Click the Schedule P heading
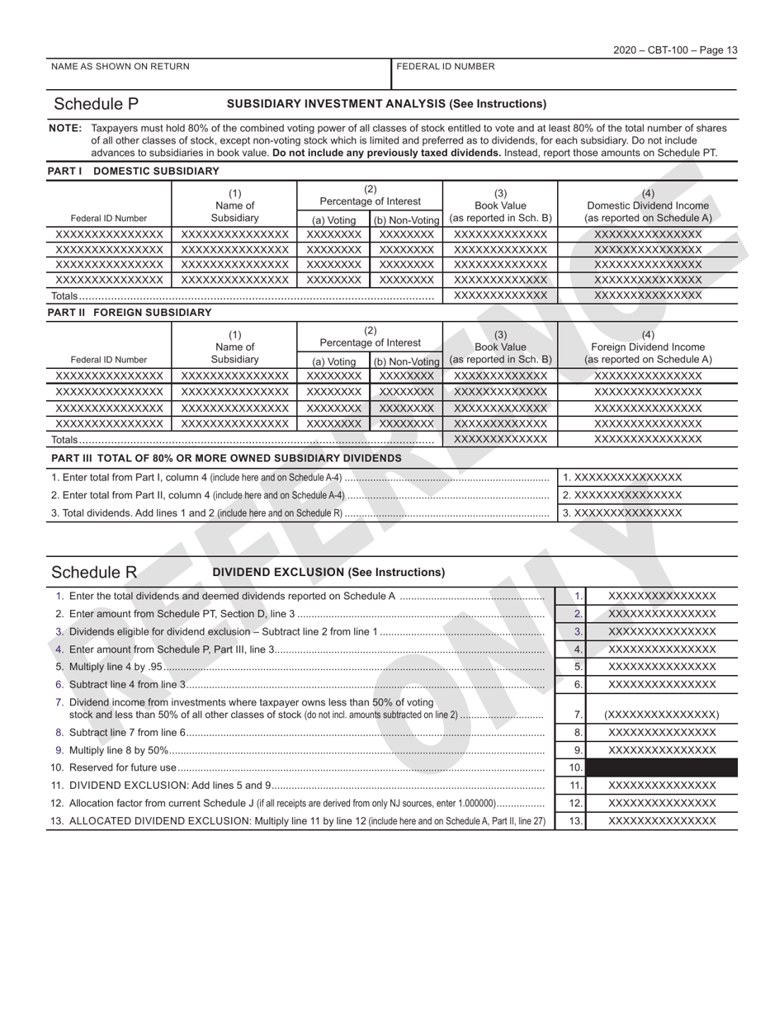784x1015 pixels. [x=96, y=104]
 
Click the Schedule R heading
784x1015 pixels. [x=94, y=572]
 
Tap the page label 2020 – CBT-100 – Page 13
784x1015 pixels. [x=675, y=50]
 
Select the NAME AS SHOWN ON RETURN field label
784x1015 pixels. [x=120, y=67]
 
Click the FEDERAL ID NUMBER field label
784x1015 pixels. [x=446, y=67]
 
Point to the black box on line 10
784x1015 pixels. [x=661, y=767]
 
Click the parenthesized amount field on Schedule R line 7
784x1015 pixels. [x=661, y=715]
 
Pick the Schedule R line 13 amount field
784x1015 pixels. [x=661, y=821]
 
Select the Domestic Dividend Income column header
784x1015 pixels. [x=648, y=205]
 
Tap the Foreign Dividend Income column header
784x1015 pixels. [x=648, y=347]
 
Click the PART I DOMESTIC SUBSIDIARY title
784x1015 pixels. [x=134, y=171]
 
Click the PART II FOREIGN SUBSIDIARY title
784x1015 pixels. [x=130, y=313]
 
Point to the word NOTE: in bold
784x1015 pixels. [x=65, y=128]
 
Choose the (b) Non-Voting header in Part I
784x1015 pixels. [x=406, y=220]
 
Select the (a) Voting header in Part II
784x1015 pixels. [x=333, y=361]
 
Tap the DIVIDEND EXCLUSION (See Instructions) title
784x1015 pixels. [x=328, y=572]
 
